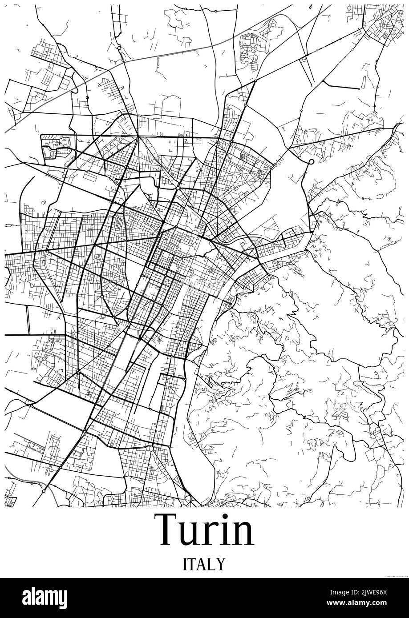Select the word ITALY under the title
point(204,564)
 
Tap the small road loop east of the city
point(312,162)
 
